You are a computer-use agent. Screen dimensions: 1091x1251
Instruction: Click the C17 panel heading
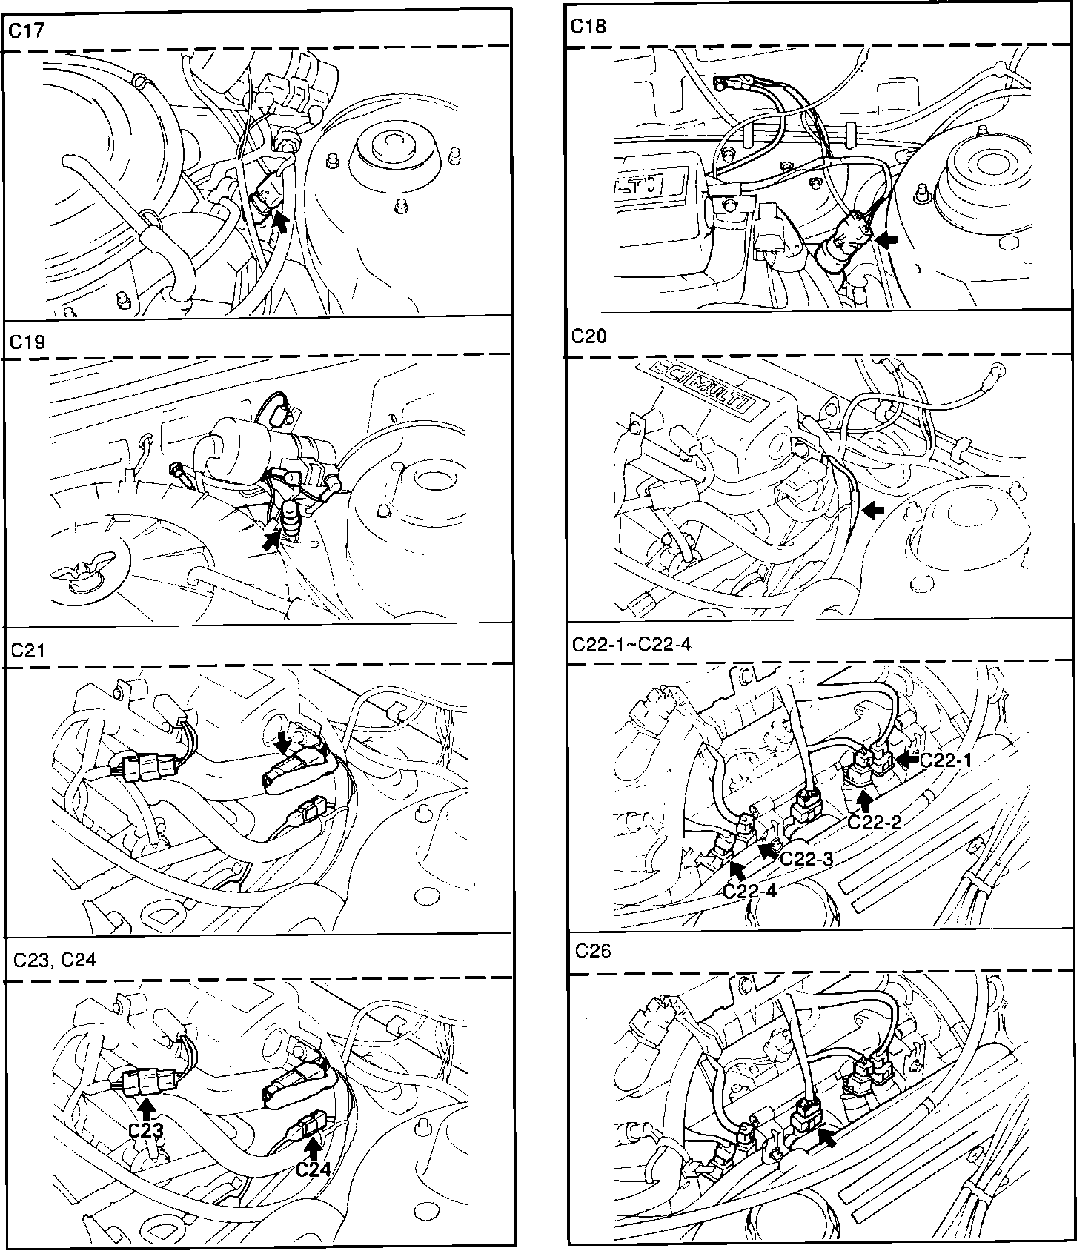[26, 30]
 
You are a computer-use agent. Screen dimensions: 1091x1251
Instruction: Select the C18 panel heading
[588, 27]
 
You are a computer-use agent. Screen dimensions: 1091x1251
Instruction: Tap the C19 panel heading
[27, 342]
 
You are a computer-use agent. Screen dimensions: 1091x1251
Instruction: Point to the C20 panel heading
[589, 336]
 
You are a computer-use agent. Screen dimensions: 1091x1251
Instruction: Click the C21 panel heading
[28, 650]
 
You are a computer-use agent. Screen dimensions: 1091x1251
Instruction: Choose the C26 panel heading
[593, 951]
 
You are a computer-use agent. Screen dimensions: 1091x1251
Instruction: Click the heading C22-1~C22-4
[631, 644]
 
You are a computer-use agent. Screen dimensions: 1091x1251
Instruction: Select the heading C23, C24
[55, 960]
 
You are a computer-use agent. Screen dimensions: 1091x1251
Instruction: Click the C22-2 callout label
[874, 821]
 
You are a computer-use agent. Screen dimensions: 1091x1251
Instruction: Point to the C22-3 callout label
[807, 859]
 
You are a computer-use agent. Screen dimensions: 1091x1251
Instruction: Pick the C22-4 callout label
[749, 891]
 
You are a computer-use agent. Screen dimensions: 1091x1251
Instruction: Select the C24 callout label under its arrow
[313, 1169]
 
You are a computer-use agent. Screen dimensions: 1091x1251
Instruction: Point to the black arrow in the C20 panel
[875, 509]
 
